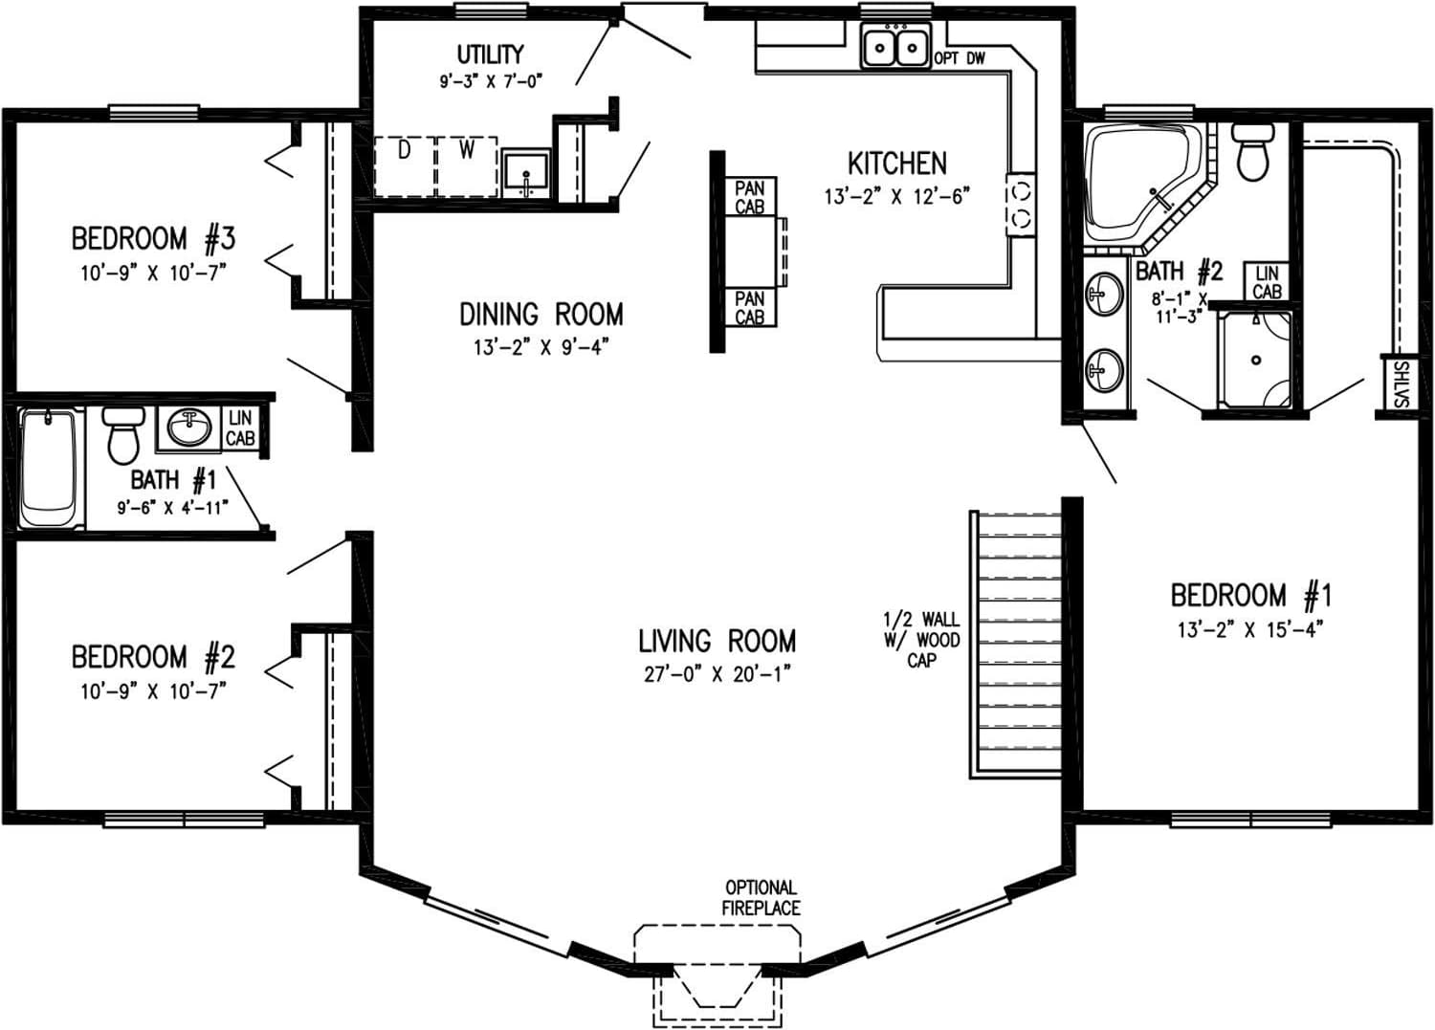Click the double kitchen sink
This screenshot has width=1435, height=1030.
click(x=896, y=46)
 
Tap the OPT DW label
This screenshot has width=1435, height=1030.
click(x=960, y=59)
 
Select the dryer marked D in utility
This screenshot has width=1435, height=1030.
click(x=404, y=166)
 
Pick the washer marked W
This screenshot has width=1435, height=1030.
click(x=467, y=166)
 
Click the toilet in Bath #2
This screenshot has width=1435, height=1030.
click(x=1252, y=152)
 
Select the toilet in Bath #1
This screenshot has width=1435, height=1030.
click(x=122, y=435)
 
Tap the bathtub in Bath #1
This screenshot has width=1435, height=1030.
click(x=50, y=469)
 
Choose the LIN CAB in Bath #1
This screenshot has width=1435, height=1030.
click(x=239, y=428)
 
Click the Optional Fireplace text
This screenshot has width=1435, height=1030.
click(x=762, y=898)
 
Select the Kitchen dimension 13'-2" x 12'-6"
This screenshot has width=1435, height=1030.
click(x=896, y=197)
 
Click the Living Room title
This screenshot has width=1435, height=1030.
click(x=717, y=641)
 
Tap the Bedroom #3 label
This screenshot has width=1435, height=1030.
click(x=153, y=237)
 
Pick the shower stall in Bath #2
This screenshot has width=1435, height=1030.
click(x=1255, y=360)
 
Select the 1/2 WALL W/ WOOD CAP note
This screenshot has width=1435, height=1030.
click(x=920, y=640)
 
